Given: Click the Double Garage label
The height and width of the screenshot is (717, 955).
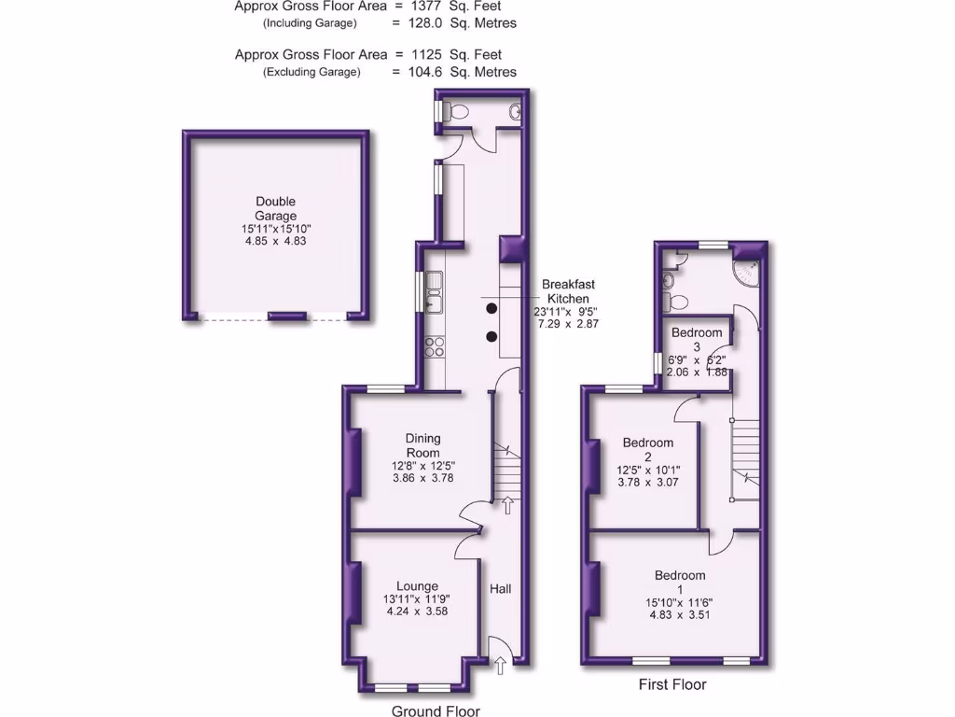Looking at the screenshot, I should (275, 208).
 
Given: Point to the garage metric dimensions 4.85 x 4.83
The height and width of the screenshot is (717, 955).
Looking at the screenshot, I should (275, 240).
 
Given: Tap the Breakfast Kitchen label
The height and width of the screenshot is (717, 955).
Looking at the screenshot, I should (568, 291).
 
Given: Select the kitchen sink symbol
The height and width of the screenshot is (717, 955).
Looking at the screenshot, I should (433, 290).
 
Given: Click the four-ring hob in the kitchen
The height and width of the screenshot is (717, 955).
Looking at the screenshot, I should (435, 347).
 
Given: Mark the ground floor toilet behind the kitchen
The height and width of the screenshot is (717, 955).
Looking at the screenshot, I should (453, 111).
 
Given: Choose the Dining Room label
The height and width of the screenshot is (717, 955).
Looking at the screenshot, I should (422, 445).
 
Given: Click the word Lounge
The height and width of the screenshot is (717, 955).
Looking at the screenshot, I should (417, 586).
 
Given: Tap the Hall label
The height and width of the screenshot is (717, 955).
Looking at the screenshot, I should (501, 589).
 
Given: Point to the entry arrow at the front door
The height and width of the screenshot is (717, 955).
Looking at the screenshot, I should (501, 665).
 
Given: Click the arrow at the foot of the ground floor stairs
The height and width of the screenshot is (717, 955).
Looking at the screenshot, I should (507, 505).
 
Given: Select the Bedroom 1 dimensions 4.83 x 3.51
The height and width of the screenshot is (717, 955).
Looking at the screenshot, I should (680, 614).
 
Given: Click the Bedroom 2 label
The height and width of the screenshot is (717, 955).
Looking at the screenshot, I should (648, 449).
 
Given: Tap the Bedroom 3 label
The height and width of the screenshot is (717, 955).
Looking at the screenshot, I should (697, 339).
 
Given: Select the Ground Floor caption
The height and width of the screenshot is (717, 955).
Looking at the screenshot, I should (436, 710).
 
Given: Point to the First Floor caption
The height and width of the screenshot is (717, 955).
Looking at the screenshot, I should (672, 684).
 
